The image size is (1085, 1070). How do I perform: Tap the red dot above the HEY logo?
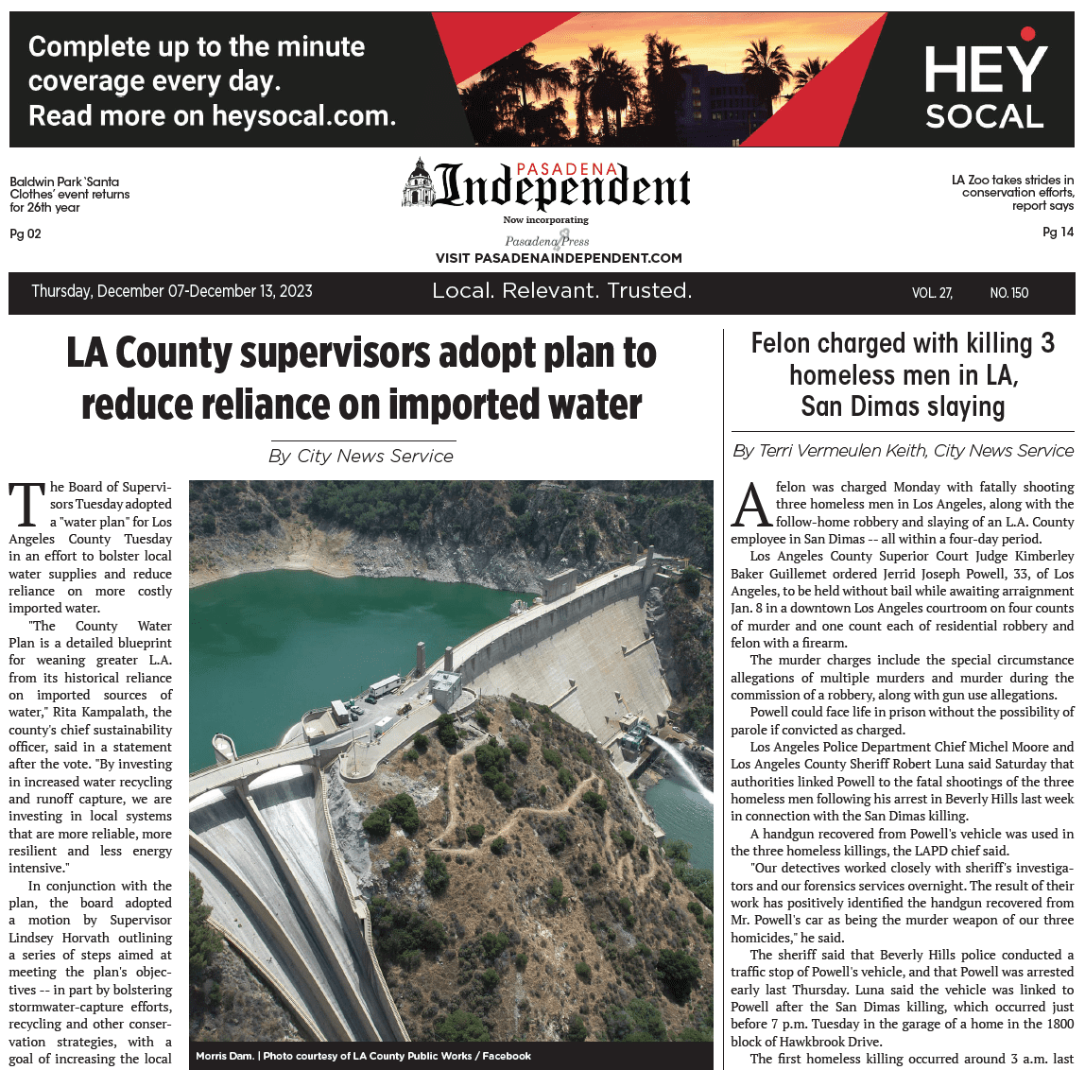pyautogui.click(x=1028, y=35)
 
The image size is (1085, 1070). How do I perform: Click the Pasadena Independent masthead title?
pyautogui.click(x=561, y=186)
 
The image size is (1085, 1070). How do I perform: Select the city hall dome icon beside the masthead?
pyautogui.click(x=418, y=182)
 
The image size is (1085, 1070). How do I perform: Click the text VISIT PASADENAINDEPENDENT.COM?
pyautogui.click(x=559, y=258)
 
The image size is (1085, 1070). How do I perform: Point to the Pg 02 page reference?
pyautogui.click(x=26, y=234)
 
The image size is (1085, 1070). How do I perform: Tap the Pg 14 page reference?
pyautogui.click(x=1058, y=233)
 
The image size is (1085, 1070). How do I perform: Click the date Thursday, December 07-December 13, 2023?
pyautogui.click(x=172, y=291)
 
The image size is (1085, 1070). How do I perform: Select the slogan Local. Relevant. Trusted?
pyautogui.click(x=561, y=291)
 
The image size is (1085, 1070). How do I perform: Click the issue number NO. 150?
pyautogui.click(x=1008, y=293)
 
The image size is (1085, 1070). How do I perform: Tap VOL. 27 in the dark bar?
pyautogui.click(x=932, y=293)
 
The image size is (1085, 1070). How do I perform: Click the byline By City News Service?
pyautogui.click(x=361, y=456)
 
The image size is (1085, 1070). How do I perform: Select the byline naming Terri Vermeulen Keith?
pyautogui.click(x=903, y=451)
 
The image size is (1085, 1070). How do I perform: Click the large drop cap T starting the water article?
pyautogui.click(x=27, y=505)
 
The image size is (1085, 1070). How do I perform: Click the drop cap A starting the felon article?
pyautogui.click(x=752, y=507)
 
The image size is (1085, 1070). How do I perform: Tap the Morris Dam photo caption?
pyautogui.click(x=363, y=1056)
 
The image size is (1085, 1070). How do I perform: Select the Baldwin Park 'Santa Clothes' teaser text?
pyautogui.click(x=70, y=194)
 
